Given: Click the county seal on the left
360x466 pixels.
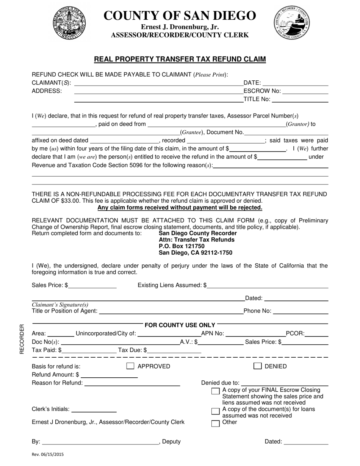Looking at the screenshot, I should [x=69, y=23].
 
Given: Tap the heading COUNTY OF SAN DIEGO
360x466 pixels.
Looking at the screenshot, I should [x=180, y=16].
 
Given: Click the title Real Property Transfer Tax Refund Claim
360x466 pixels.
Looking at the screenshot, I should [x=180, y=59].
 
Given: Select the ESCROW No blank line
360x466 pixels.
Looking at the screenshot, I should [x=305, y=91].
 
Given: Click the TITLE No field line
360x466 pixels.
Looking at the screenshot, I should [x=300, y=99].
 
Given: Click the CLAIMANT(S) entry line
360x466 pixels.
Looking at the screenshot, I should [x=158, y=83].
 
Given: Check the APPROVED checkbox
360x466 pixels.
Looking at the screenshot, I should [x=130, y=366].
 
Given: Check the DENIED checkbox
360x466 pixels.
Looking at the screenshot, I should [x=258, y=366].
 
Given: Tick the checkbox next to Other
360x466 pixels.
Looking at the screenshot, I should [x=215, y=424].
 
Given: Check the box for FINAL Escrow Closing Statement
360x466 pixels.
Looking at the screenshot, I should [x=215, y=391].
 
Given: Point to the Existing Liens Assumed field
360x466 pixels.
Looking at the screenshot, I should [x=267, y=285].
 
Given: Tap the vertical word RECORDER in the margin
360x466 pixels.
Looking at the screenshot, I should [x=22, y=339].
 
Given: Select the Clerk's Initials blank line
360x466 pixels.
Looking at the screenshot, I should [x=94, y=409].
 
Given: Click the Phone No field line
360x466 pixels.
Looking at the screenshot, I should [x=301, y=311].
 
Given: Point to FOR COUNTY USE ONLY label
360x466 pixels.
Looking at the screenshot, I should [x=180, y=325].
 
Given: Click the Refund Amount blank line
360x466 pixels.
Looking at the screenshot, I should [x=109, y=375].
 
